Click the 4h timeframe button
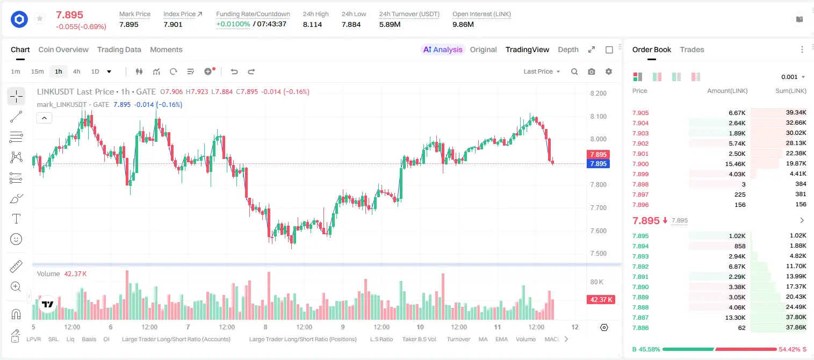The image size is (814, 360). click(76, 71)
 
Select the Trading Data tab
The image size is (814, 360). click(119, 49)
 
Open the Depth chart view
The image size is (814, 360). click(568, 49)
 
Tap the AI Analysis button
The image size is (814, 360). click(442, 49)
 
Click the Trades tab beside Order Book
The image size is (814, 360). click(692, 49)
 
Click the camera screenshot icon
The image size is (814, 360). click(592, 71)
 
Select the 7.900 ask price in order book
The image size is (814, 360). click(640, 164)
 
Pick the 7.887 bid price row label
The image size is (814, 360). click(640, 318)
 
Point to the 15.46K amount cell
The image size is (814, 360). click(735, 164)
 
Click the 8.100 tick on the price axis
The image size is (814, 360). click(599, 116)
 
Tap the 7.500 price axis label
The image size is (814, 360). click(599, 253)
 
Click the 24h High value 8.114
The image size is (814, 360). click(313, 24)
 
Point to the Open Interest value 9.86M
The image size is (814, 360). click(463, 24)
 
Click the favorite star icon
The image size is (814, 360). click(40, 18)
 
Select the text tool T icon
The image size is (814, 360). click(16, 219)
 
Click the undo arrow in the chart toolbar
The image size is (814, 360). click(234, 71)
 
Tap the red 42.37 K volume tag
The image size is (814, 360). click(601, 300)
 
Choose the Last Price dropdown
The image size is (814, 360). click(542, 71)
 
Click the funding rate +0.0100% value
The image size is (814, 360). click(233, 24)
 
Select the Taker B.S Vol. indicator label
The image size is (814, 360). click(419, 339)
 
